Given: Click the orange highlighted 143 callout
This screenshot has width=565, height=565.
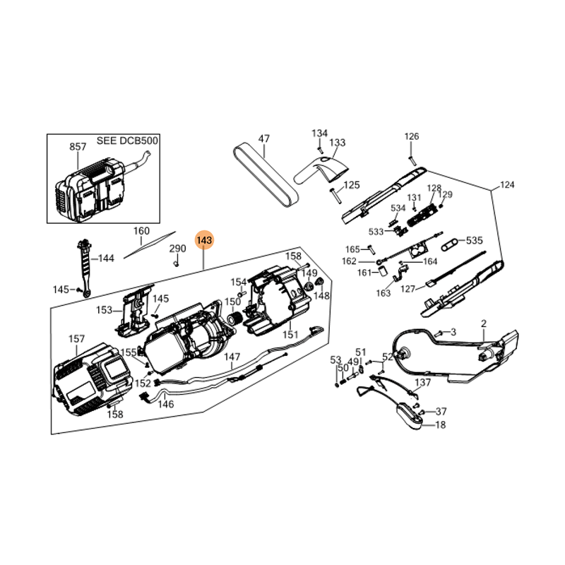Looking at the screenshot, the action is [x=204, y=240].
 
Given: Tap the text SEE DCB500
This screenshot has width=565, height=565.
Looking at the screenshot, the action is [x=127, y=141].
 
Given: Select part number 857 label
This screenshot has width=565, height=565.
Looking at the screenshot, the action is [x=78, y=147].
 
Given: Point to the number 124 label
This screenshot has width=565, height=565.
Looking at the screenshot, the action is [x=507, y=185].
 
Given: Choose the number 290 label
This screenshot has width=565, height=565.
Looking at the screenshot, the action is [x=178, y=249].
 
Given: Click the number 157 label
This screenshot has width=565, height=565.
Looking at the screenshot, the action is [x=76, y=339].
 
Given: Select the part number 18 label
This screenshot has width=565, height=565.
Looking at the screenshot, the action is [x=441, y=425].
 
